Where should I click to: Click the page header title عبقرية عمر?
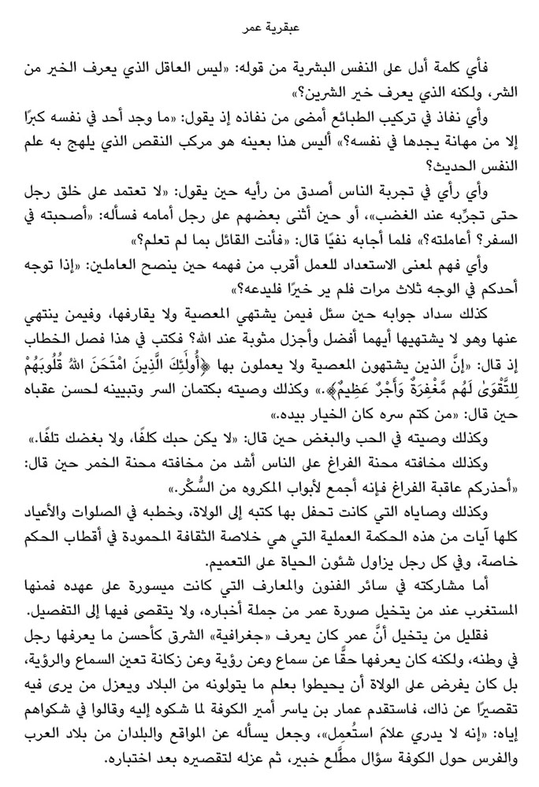coord(269,32)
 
